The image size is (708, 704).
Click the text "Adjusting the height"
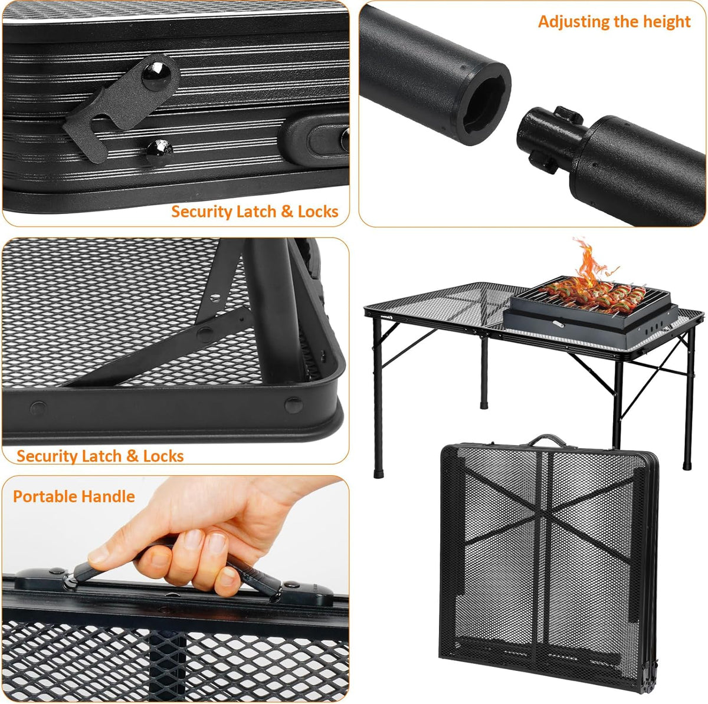(x=614, y=22)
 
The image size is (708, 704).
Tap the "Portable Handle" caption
(x=74, y=496)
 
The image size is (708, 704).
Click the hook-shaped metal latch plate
(x=117, y=107)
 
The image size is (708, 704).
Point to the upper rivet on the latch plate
(x=156, y=76)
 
